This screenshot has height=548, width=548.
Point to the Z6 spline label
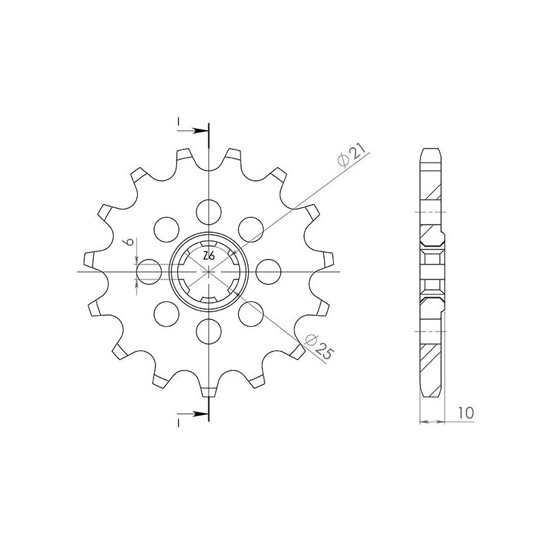210,256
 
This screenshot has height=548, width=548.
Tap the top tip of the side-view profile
429,149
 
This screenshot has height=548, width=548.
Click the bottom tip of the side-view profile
429,396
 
